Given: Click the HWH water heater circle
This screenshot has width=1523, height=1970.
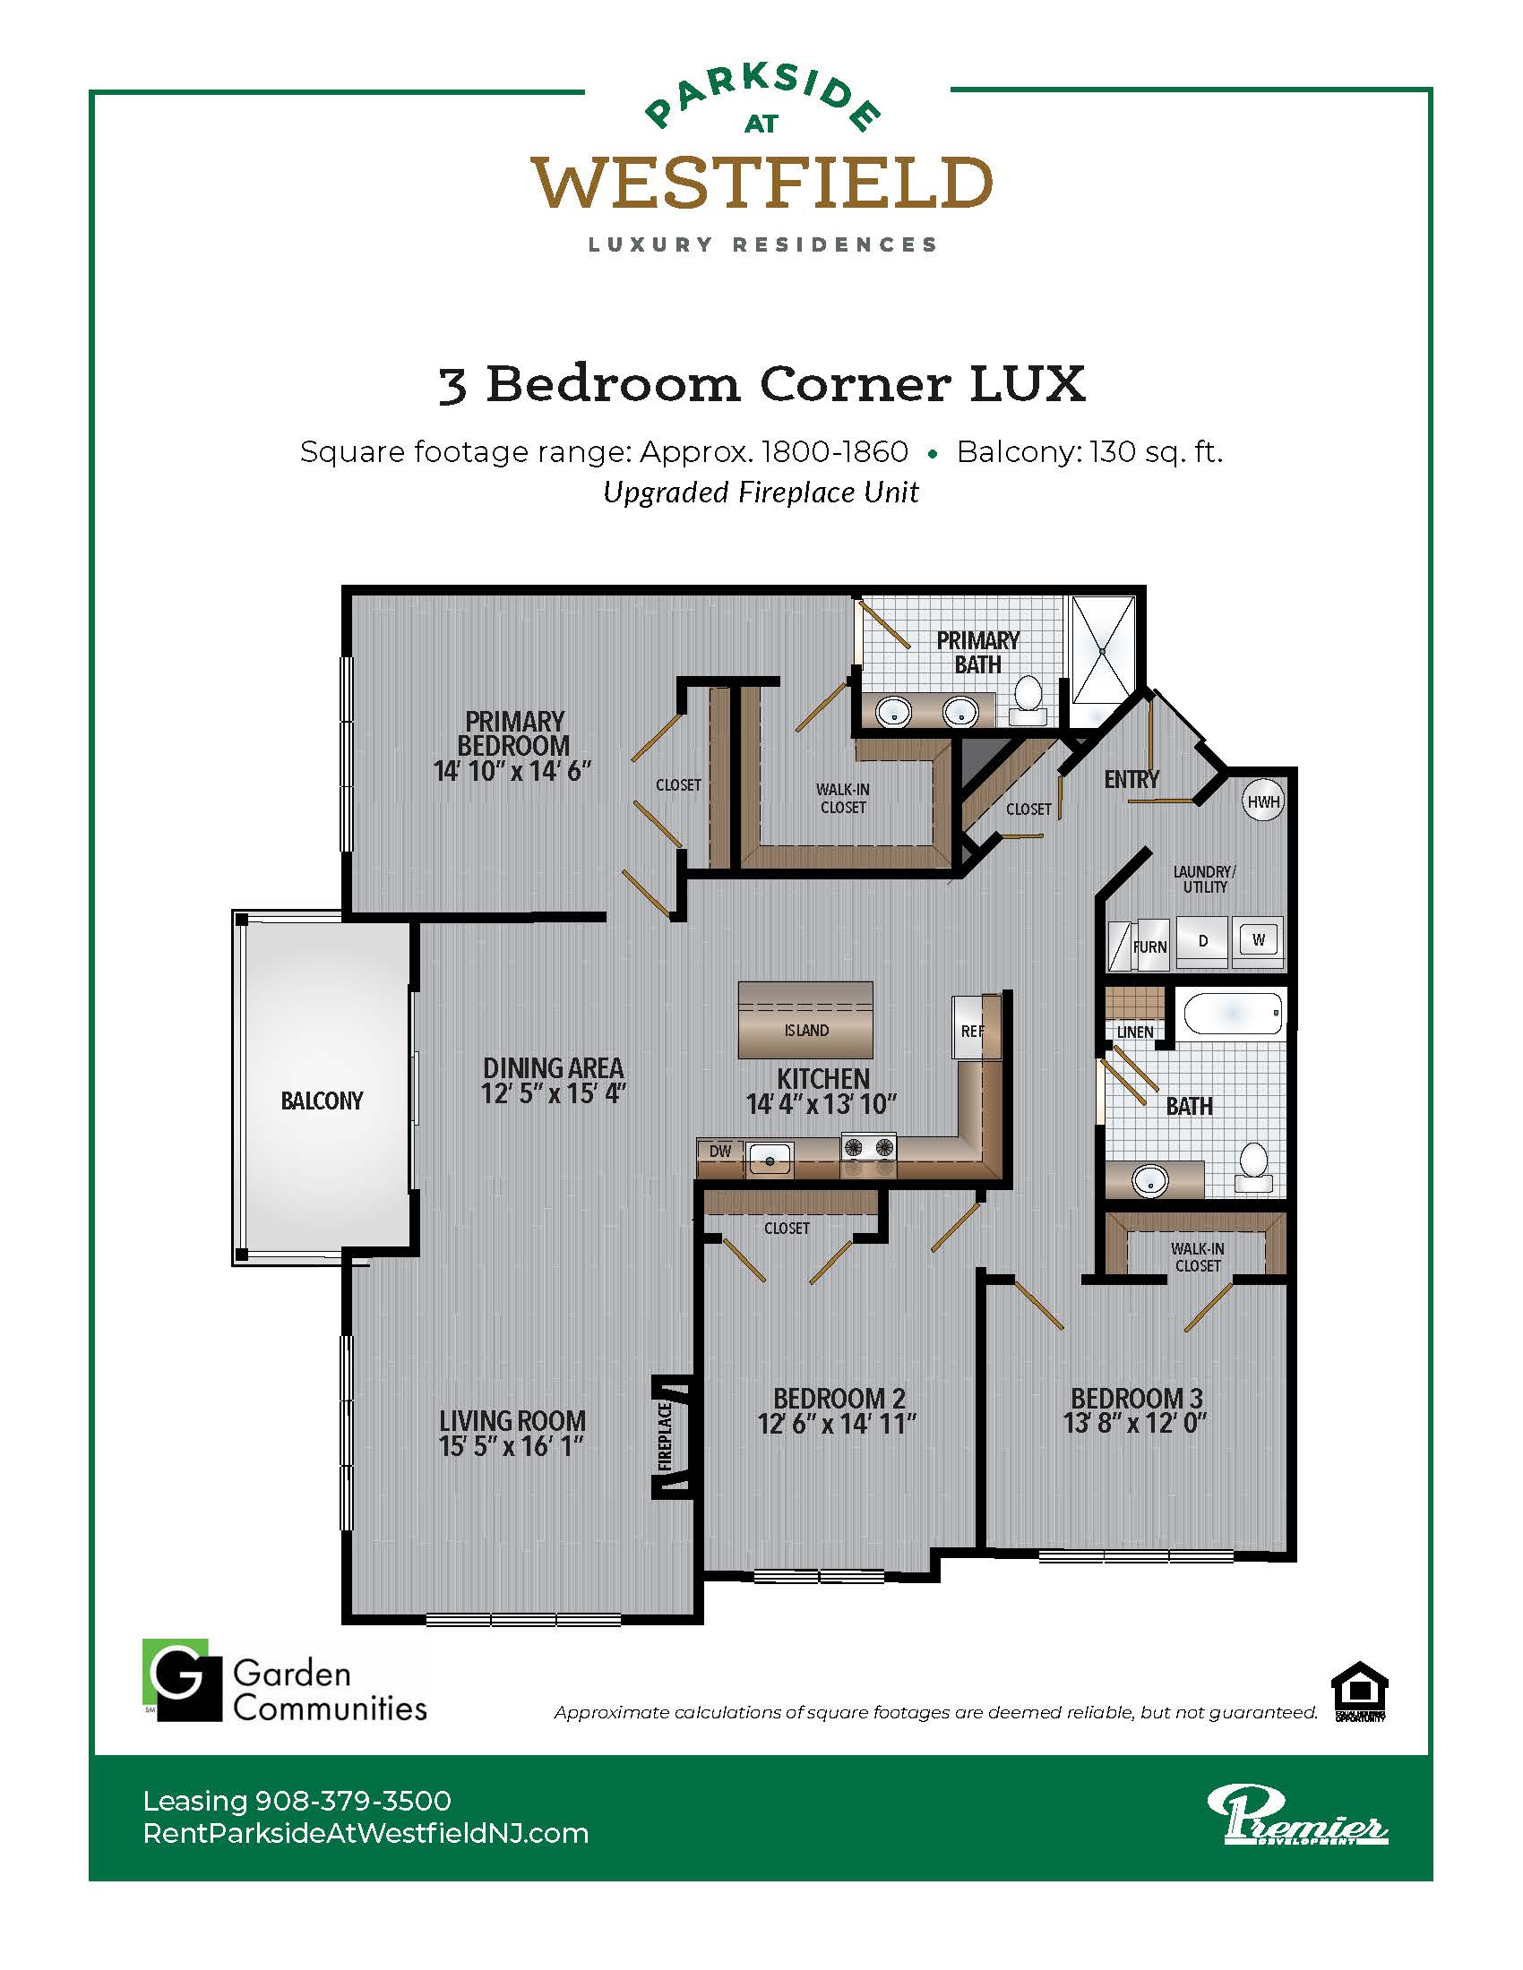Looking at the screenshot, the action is (1262, 801).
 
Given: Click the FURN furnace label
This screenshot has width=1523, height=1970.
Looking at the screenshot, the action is (1150, 947).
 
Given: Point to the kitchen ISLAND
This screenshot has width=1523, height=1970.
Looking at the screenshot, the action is (805, 1019).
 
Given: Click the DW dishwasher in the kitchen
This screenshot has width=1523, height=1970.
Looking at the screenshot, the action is (720, 1151).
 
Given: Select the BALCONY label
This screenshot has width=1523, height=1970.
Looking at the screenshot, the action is (322, 1101).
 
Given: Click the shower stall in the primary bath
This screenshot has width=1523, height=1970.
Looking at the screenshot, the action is (1103, 649).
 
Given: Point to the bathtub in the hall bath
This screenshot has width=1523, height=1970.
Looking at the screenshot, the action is (1233, 1014).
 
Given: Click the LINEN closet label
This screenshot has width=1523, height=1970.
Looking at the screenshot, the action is (1135, 1032).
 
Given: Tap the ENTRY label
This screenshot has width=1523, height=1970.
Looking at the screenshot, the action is (1131, 779).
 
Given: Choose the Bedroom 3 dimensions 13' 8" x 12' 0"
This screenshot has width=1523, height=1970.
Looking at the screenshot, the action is (1135, 1424).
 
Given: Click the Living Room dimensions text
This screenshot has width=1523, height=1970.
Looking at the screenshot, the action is (512, 1446).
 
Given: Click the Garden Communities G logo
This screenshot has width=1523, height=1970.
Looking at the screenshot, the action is (182, 1680).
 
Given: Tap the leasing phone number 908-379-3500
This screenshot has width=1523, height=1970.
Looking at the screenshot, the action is (354, 1802).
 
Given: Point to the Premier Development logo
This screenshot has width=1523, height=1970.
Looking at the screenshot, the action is (1297, 1815).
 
